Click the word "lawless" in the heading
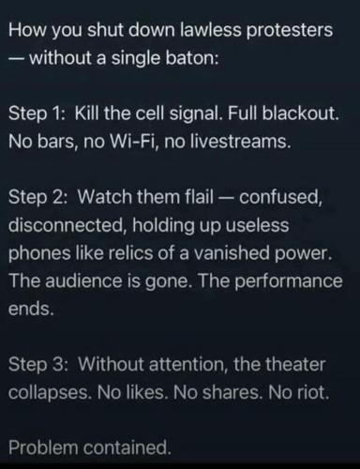tap(211, 30)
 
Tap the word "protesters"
tap(290, 31)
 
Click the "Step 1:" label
tap(37, 113)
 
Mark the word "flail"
tap(200, 197)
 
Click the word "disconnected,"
tap(67, 225)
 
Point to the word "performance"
tap(288, 281)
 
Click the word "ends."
tap(31, 309)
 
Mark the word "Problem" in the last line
tap(43, 447)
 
